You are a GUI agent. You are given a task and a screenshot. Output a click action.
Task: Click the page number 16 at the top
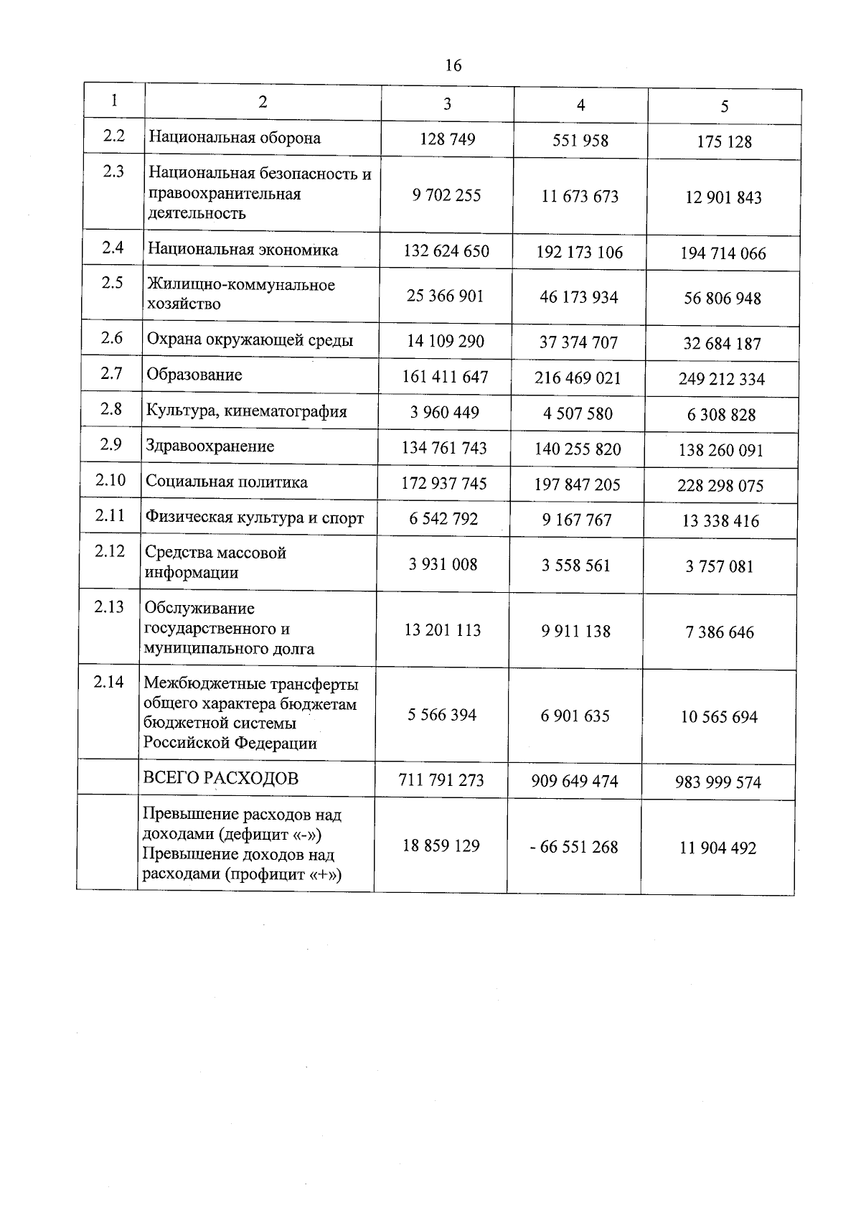(x=453, y=66)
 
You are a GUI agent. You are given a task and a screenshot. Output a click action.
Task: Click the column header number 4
(x=580, y=106)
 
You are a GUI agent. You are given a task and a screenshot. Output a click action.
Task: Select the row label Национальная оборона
(x=235, y=138)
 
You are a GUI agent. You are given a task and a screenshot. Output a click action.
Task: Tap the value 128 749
(x=448, y=139)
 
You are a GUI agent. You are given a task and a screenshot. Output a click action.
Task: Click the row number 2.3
(x=113, y=172)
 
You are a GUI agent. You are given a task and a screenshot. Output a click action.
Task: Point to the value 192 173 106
(x=580, y=252)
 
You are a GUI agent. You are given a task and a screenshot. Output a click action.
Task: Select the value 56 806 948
(x=723, y=299)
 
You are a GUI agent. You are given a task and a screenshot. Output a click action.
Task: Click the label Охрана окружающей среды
(x=250, y=340)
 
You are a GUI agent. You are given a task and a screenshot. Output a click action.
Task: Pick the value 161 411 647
(x=445, y=377)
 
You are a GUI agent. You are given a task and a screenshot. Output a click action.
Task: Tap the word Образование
(x=194, y=375)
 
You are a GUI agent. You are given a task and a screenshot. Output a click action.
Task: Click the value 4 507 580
(x=578, y=413)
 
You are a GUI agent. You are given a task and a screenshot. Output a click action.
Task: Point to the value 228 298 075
(x=720, y=486)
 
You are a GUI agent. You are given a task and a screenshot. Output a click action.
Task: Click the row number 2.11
(x=110, y=515)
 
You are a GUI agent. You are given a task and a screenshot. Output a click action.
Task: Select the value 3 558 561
(x=576, y=566)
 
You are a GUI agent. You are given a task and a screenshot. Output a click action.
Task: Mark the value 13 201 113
(x=443, y=630)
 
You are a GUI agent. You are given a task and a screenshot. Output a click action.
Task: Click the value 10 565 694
(x=719, y=717)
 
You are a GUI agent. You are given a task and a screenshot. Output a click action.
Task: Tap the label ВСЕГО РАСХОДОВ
(x=221, y=778)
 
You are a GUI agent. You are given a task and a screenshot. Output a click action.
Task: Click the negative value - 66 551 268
(x=574, y=847)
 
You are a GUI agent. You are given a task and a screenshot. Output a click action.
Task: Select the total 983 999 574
(x=718, y=782)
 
